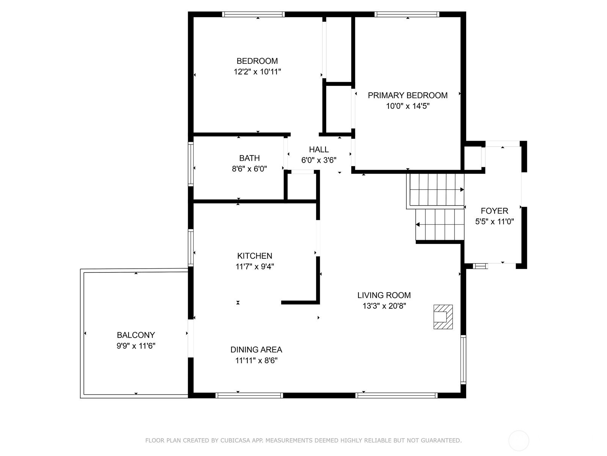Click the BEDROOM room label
pyautogui.click(x=257, y=61)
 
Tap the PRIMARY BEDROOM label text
pyautogui.click(x=407, y=95)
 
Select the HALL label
pyautogui.click(x=319, y=149)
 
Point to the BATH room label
pyautogui.click(x=249, y=158)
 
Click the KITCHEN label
pyautogui.click(x=255, y=255)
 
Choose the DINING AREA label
pyautogui.click(x=256, y=349)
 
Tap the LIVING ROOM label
pyautogui.click(x=384, y=295)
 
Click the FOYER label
pyautogui.click(x=494, y=211)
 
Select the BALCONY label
pyautogui.click(x=136, y=335)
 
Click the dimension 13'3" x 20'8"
pyautogui.click(x=384, y=306)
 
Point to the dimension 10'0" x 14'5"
pyautogui.click(x=407, y=106)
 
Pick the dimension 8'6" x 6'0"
pyautogui.click(x=249, y=169)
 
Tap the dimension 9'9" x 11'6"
pyautogui.click(x=136, y=346)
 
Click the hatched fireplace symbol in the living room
pyautogui.click(x=443, y=317)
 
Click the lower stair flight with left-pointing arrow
pyautogui.click(x=440, y=225)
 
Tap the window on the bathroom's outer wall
pyautogui.click(x=190, y=164)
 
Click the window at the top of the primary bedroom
pyautogui.click(x=407, y=14)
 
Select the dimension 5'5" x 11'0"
pyautogui.click(x=494, y=222)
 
